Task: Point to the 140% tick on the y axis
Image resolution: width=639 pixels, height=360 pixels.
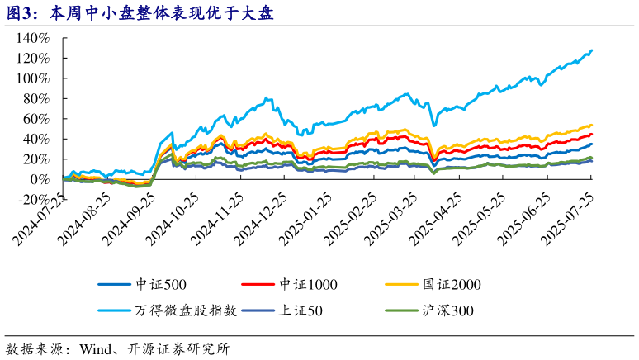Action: [38, 38]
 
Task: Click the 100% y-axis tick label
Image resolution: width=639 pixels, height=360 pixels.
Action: [38, 78]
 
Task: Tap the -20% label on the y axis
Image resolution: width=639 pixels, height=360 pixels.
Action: [38, 199]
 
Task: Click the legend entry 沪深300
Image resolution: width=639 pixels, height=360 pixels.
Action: [444, 311]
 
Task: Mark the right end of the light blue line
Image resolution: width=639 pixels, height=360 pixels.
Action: [591, 50]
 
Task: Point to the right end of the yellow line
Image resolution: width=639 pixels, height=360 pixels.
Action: [591, 126]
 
